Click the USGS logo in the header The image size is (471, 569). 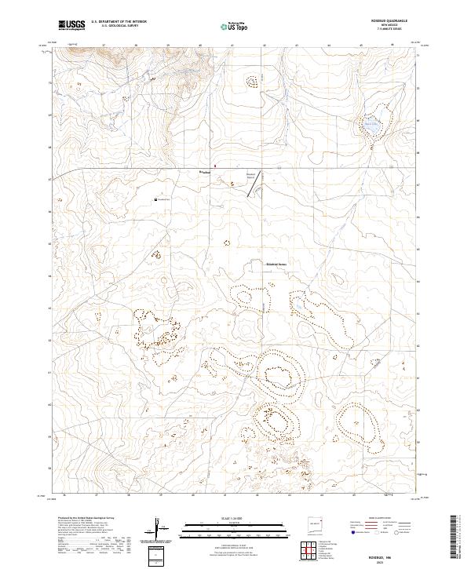[x=71, y=25]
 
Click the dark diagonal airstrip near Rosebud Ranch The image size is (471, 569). [x=258, y=178]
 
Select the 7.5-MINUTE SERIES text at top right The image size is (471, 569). [x=389, y=29]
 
